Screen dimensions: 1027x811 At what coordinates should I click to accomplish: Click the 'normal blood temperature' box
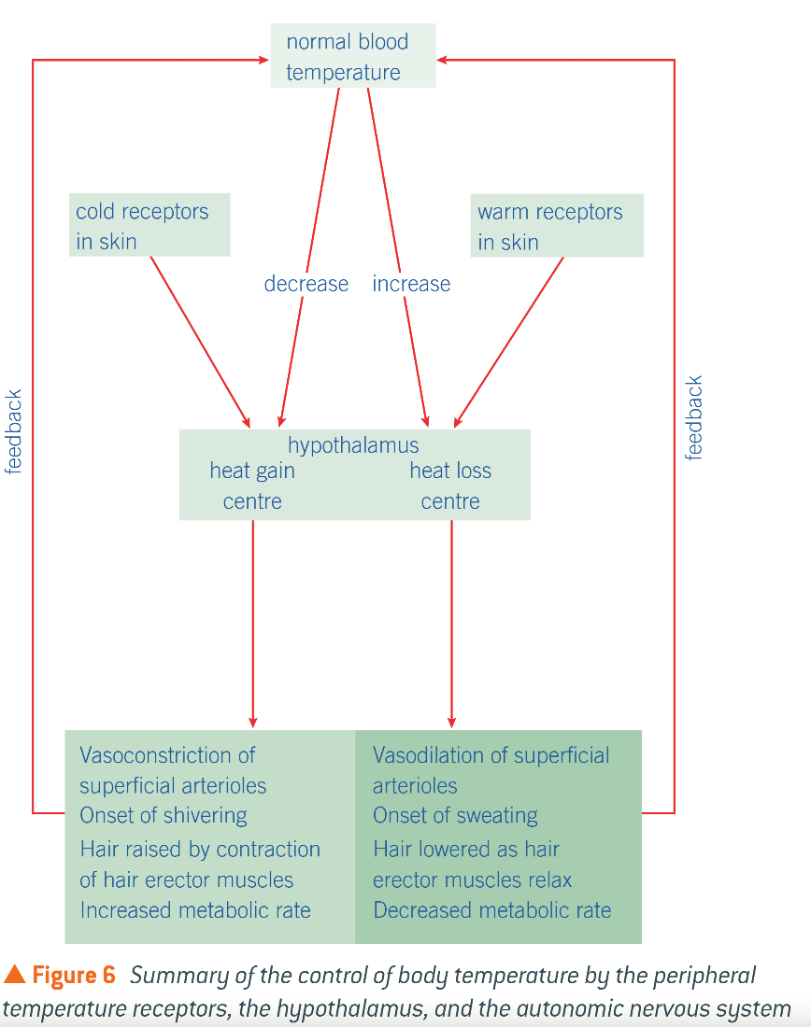[x=352, y=56]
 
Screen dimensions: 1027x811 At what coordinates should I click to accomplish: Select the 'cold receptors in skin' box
[x=149, y=225]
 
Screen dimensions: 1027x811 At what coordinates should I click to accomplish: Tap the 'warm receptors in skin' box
[x=557, y=225]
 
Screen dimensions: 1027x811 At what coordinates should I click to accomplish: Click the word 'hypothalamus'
[x=353, y=445]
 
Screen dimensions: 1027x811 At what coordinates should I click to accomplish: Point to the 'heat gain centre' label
[x=252, y=485]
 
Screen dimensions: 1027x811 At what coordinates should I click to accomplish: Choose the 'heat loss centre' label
[x=450, y=485]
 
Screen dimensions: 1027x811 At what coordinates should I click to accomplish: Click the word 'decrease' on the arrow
[x=306, y=284]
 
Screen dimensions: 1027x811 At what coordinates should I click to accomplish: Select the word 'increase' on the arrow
[x=411, y=284]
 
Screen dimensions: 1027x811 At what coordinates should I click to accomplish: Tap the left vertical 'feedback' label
[x=14, y=432]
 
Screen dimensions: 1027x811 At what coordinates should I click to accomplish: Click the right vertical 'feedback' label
[x=694, y=418]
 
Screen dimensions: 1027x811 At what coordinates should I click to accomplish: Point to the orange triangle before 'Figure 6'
[x=14, y=976]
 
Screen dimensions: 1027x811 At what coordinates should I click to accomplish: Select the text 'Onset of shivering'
[x=164, y=815]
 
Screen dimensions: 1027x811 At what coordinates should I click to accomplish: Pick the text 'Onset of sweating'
[x=455, y=815]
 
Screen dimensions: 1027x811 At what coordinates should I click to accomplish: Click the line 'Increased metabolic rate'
[x=195, y=909]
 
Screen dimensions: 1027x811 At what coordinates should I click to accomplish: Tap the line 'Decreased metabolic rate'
[x=491, y=909]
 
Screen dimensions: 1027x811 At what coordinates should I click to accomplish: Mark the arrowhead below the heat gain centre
[x=253, y=721]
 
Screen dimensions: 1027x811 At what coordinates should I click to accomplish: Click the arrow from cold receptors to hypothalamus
[x=199, y=338]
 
